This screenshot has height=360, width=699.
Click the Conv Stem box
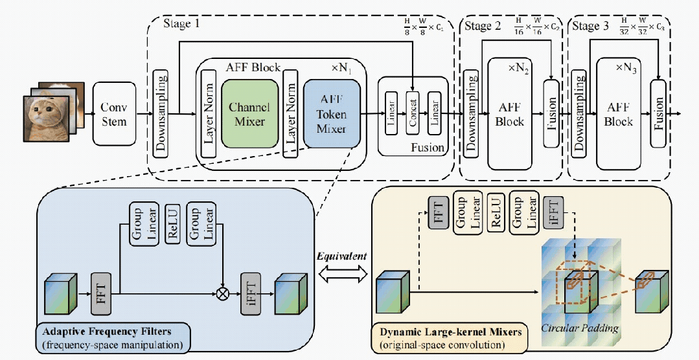[115, 114]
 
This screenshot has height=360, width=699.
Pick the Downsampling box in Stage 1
[161, 113]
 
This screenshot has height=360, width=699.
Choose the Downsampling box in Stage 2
[471, 114]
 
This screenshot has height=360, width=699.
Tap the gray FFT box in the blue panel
[100, 293]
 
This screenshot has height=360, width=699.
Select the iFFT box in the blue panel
[250, 293]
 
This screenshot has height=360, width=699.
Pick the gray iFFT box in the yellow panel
[554, 212]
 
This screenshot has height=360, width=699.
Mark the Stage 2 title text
[483, 26]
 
